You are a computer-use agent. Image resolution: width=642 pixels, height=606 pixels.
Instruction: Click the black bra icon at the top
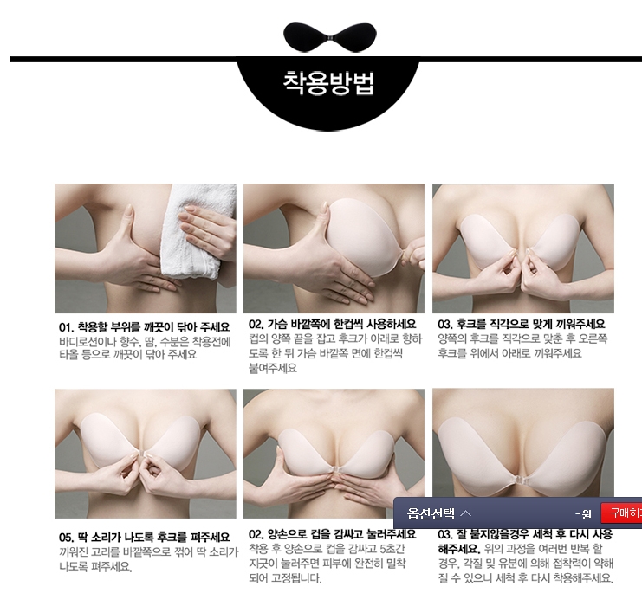coord(329,37)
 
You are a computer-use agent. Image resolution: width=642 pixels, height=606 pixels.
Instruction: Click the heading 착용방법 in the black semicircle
coord(328,82)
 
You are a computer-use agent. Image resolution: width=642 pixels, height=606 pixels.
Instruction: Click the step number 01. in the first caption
coord(66,327)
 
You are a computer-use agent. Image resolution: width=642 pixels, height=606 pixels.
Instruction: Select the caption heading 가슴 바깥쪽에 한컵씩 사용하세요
coord(341,324)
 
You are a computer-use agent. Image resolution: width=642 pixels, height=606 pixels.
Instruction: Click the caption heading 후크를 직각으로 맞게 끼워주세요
coord(530,324)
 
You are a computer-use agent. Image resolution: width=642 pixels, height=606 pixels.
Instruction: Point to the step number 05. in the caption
coord(66,538)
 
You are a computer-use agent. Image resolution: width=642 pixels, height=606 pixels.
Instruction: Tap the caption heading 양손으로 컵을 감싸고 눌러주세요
coord(341,534)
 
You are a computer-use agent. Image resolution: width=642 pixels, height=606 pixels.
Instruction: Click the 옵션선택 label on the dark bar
coord(431,513)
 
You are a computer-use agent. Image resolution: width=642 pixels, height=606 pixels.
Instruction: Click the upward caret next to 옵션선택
coord(466,513)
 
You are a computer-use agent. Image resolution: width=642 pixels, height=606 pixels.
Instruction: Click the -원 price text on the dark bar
coord(583,514)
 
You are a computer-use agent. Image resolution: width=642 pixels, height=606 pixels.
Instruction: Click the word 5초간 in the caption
coord(392,549)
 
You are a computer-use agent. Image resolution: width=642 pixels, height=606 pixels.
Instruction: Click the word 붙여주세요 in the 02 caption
coord(273,368)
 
